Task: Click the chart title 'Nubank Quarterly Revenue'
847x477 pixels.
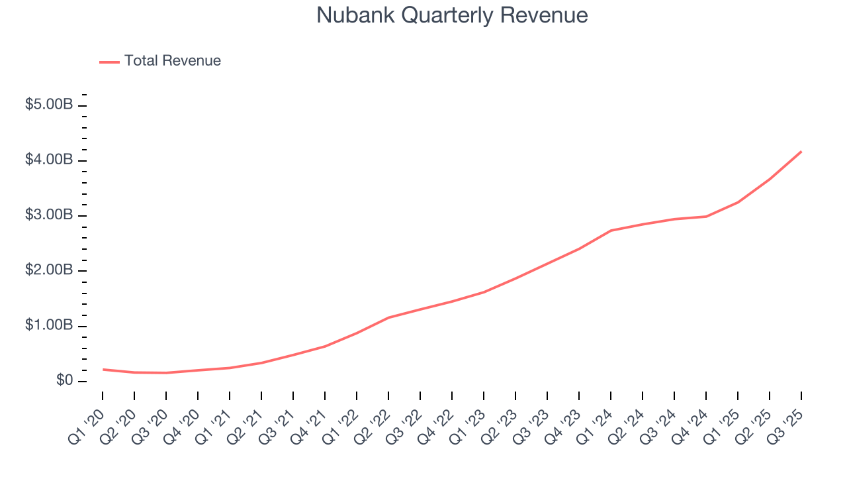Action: [x=452, y=15]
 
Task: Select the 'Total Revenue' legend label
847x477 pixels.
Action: [x=172, y=61]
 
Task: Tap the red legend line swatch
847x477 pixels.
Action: [x=109, y=62]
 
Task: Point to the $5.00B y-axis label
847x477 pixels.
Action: [x=49, y=105]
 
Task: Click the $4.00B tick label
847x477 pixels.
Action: [x=49, y=160]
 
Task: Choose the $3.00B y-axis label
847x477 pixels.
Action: [x=49, y=216]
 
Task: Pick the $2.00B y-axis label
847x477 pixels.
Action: [x=49, y=271]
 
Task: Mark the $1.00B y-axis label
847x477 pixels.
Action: [x=49, y=326]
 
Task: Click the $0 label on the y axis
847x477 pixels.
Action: [x=64, y=381]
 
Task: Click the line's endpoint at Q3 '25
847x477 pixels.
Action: [x=801, y=152]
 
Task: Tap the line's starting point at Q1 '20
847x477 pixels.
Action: [x=103, y=369]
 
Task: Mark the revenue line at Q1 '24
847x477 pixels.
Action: [x=611, y=231]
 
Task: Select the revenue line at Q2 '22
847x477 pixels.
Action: [x=388, y=317]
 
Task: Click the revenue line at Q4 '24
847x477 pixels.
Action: [x=706, y=217]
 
